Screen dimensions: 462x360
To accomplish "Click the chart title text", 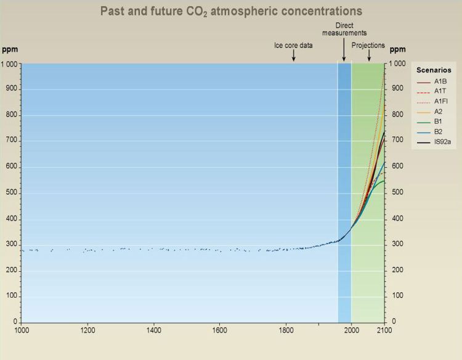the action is pyautogui.click(x=231, y=12).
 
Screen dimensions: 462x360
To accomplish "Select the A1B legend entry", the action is pyautogui.click(x=432, y=81).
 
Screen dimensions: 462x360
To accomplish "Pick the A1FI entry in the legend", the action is pyautogui.click(x=432, y=102).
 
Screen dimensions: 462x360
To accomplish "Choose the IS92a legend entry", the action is pyautogui.click(x=434, y=142).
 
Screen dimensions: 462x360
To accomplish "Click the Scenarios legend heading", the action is pyautogui.click(x=434, y=70).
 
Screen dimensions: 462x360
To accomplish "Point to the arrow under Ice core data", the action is pyautogui.click(x=293, y=55).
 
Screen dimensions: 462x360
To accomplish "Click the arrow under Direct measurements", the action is pyautogui.click(x=344, y=49).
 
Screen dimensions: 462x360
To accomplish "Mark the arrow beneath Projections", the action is pyautogui.click(x=369, y=55).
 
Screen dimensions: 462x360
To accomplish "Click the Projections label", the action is pyautogui.click(x=368, y=46).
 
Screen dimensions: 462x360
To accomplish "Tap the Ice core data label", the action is pyautogui.click(x=293, y=46).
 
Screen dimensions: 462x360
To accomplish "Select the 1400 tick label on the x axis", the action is pyautogui.click(x=153, y=330).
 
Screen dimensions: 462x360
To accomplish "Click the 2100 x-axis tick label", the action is pyautogui.click(x=384, y=330).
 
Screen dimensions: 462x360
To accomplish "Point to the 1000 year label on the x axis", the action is pyautogui.click(x=22, y=330).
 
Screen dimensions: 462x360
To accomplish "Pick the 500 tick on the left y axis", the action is pyautogui.click(x=12, y=192).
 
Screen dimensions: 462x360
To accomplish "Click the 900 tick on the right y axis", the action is pyautogui.click(x=397, y=88).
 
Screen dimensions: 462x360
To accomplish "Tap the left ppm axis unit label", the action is pyautogui.click(x=10, y=49).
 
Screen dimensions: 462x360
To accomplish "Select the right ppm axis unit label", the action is pyautogui.click(x=397, y=49).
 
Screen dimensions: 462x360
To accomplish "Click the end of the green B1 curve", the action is pyautogui.click(x=384, y=181).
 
